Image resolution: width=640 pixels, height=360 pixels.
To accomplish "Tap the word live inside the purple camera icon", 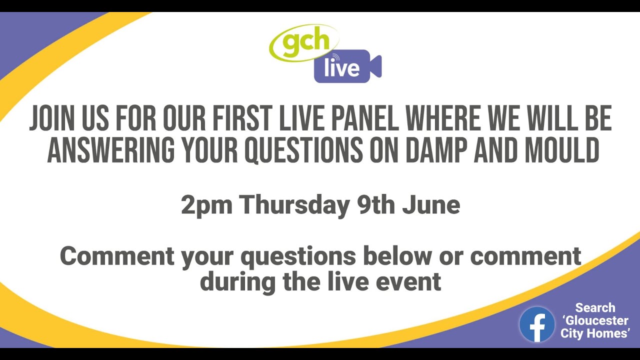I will click(x=341, y=67).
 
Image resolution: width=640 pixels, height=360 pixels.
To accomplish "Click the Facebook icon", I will click(x=536, y=324).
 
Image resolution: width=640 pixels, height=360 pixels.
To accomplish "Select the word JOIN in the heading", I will click(x=51, y=119).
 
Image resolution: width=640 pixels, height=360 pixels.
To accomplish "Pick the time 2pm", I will click(x=206, y=205).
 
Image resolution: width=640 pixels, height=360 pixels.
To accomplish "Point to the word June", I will click(x=431, y=205).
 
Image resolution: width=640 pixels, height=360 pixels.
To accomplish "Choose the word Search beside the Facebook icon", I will click(x=595, y=308).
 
